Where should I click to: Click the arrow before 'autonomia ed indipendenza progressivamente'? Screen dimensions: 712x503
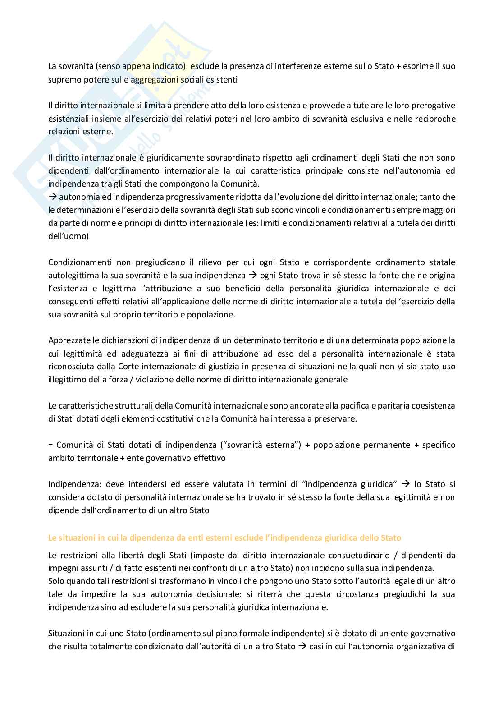(x=52, y=197)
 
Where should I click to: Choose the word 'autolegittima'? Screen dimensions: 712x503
(x=70, y=276)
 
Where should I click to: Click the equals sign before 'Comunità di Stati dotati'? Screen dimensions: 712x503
(x=50, y=445)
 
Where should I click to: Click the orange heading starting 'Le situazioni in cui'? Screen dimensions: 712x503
(x=224, y=537)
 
